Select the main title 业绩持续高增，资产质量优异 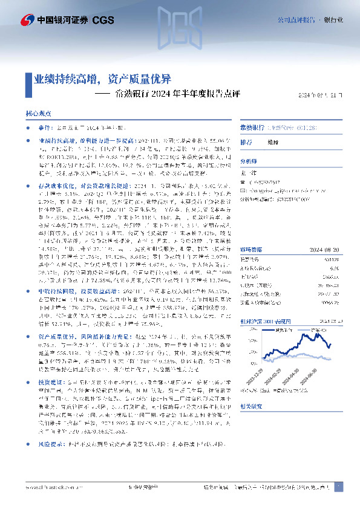tap(102, 79)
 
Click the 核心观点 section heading tap(38, 113)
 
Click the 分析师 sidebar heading tap(248, 161)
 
